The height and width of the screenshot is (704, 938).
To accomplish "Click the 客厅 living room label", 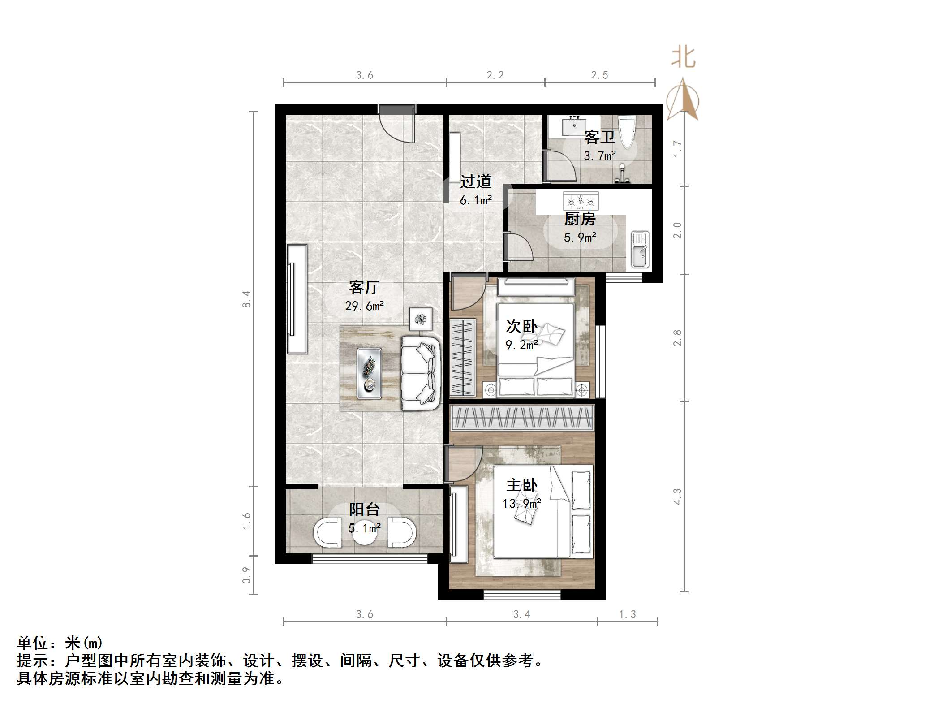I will [x=364, y=287].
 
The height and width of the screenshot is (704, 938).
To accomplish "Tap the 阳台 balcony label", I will [x=364, y=510].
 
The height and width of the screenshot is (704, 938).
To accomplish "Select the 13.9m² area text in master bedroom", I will [x=521, y=504].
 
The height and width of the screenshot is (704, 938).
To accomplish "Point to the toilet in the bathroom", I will [x=626, y=132].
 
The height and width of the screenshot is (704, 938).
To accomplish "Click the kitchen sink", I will [x=639, y=249].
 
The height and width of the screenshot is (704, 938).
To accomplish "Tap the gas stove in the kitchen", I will [x=581, y=201].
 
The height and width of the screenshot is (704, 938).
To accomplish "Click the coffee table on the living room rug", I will [x=370, y=373].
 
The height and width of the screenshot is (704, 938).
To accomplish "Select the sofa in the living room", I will [x=419, y=373].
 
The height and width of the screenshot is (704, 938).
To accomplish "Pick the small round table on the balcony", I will [x=364, y=533].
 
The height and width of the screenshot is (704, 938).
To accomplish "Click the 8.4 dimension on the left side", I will [x=246, y=299].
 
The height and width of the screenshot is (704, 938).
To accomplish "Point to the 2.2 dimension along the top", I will [x=495, y=75].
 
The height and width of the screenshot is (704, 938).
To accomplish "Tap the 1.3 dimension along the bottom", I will [x=627, y=614].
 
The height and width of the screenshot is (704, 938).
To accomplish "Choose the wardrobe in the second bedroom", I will [x=462, y=357].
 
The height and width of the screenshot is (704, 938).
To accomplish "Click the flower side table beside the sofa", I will [x=421, y=319].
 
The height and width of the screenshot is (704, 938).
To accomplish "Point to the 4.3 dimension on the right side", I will [x=677, y=497].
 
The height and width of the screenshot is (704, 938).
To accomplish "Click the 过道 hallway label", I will [x=476, y=181].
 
